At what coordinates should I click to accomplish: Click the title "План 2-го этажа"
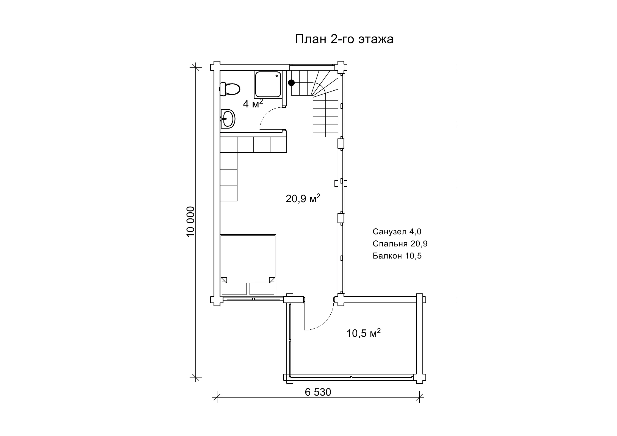click(344, 39)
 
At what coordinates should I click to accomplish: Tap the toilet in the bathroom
click(229, 89)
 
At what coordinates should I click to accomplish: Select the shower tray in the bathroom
click(268, 84)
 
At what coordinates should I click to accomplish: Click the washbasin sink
click(228, 119)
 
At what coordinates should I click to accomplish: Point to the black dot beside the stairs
click(291, 82)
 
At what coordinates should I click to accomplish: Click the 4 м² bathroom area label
click(253, 103)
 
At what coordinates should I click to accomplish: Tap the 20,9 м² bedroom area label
click(303, 198)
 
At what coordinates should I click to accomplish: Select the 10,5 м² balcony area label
click(363, 333)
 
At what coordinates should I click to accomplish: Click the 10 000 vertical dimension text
click(190, 222)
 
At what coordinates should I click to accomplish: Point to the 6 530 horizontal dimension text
click(318, 392)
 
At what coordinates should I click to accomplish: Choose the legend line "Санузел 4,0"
click(397, 232)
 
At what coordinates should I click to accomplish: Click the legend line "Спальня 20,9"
click(400, 244)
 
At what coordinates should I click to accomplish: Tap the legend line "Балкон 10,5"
click(397, 256)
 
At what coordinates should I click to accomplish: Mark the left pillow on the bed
click(234, 289)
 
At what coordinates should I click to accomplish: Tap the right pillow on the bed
click(262, 289)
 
